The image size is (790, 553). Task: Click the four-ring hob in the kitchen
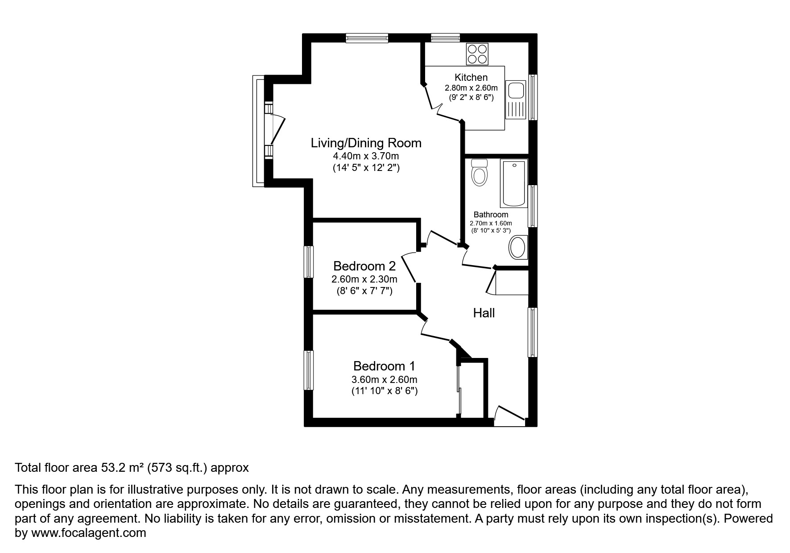[477, 54]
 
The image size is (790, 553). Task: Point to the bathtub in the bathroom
[514, 183]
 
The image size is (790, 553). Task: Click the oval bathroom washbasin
[518, 248]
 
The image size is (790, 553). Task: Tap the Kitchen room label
[471, 77]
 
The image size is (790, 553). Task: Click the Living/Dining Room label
[366, 143]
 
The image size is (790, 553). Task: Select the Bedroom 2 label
[364, 266]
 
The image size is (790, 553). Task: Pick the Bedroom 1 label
[384, 366]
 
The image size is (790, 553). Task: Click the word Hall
[484, 313]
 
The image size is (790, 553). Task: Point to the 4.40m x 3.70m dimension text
[366, 156]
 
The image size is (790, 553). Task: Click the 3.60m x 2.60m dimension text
[384, 380]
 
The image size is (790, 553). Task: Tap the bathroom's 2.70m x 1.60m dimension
[491, 223]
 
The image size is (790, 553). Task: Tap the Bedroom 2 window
[308, 262]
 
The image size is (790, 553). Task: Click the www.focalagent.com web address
[88, 533]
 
